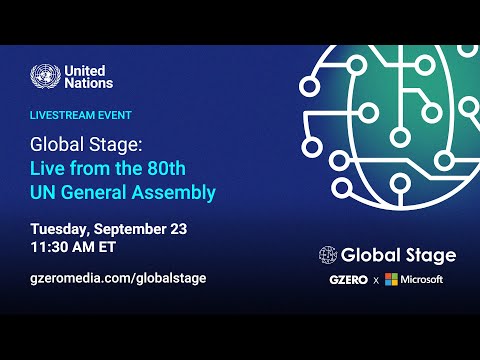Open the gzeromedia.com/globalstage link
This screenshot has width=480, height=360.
118,278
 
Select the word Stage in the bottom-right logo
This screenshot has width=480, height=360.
427,255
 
